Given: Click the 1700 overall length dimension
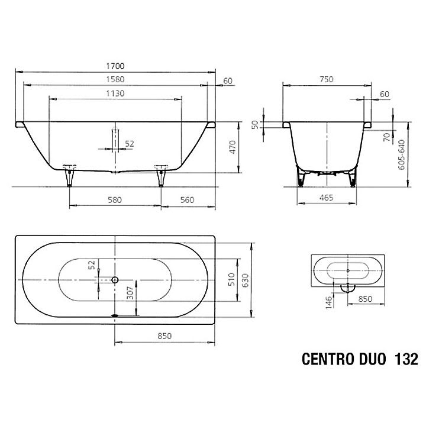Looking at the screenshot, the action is click(x=115, y=66).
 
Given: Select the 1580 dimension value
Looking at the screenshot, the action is click(x=115, y=79).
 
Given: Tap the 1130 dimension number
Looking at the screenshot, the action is click(x=115, y=93).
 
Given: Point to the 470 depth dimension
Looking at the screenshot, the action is click(x=233, y=147).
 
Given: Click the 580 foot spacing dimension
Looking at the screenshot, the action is click(x=115, y=200).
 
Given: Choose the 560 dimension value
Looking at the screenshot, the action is click(x=187, y=200).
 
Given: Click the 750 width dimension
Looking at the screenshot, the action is click(x=326, y=79).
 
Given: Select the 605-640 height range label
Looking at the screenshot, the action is click(x=401, y=154).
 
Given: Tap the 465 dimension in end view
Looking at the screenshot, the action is click(x=326, y=198).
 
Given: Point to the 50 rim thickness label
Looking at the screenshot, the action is click(x=255, y=125).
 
